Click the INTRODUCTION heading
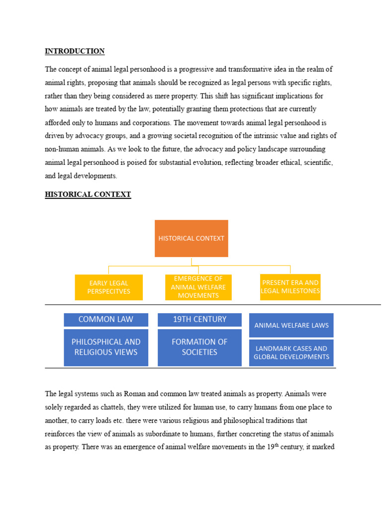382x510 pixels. tap(75, 51)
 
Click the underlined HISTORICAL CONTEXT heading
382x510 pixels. tap(88, 195)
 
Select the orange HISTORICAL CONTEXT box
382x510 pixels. tap(191, 239)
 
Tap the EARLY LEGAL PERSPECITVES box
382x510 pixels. tap(108, 287)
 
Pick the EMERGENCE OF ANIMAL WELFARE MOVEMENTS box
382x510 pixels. tap(198, 287)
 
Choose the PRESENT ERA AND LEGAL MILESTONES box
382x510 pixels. tap(290, 287)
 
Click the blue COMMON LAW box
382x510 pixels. tap(105, 320)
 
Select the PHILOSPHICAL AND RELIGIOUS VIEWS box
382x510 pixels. tap(105, 347)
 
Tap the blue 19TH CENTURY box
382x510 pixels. tap(199, 320)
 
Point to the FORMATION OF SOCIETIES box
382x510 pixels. tap(199, 347)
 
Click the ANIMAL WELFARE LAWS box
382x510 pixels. tap(291, 325)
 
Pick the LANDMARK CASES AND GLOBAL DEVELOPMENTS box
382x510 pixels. tap(291, 353)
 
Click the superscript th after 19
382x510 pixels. tap(277, 445)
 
